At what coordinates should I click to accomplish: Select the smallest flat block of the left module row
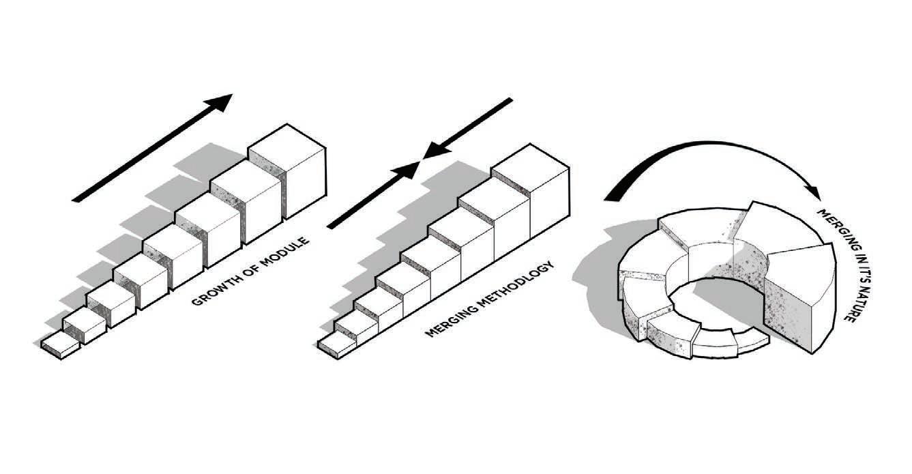click(x=60, y=346)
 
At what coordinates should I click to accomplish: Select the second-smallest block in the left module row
click(x=83, y=327)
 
